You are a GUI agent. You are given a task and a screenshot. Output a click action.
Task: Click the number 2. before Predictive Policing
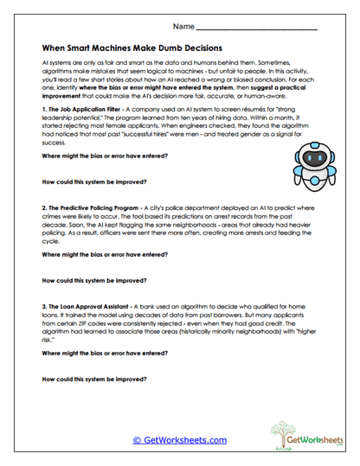point(45,209)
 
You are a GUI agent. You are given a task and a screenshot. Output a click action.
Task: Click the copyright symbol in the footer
point(136,440)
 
